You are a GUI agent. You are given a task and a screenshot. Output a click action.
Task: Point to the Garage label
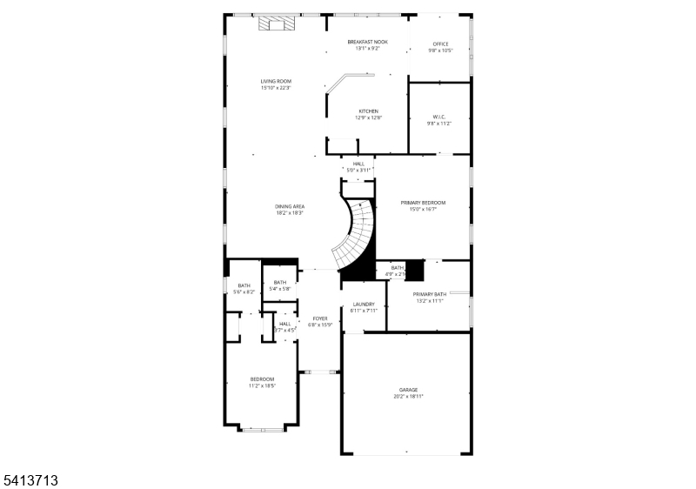408,389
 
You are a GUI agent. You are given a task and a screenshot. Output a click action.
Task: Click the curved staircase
357,233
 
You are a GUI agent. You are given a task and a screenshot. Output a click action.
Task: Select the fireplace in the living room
277,23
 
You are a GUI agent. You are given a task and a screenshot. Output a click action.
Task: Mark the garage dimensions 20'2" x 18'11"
408,396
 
